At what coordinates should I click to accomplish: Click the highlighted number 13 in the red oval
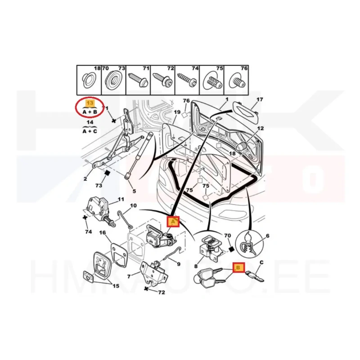tap(90, 103)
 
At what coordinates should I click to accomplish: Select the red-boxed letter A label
tap(173, 221)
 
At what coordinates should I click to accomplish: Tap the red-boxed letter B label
tap(238, 267)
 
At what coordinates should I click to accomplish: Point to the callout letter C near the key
tap(261, 262)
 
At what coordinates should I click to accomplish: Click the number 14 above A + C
tap(90, 121)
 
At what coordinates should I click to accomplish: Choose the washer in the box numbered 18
tap(88, 81)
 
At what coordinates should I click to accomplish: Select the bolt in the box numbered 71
tap(138, 80)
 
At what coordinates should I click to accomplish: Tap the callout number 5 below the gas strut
tap(134, 191)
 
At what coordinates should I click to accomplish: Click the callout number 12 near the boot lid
tap(261, 128)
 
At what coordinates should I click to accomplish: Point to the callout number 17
tap(260, 99)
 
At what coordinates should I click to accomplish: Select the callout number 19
tap(177, 112)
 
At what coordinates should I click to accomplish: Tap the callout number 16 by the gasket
tap(103, 233)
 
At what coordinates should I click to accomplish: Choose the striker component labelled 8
tap(210, 248)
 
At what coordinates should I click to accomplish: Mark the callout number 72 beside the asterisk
tap(162, 292)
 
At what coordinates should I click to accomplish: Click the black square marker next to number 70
tap(232, 249)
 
